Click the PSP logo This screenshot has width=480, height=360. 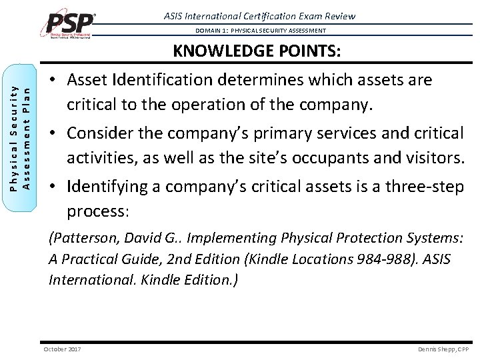71,24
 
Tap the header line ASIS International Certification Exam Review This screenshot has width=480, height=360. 260,16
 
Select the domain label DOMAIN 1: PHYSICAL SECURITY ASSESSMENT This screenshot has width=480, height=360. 261,31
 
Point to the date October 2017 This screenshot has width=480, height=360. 62,349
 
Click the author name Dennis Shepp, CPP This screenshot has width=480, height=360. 443,349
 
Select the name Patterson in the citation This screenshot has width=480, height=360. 81,238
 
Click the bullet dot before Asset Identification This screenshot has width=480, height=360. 53,81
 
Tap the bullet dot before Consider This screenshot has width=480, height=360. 53,133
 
